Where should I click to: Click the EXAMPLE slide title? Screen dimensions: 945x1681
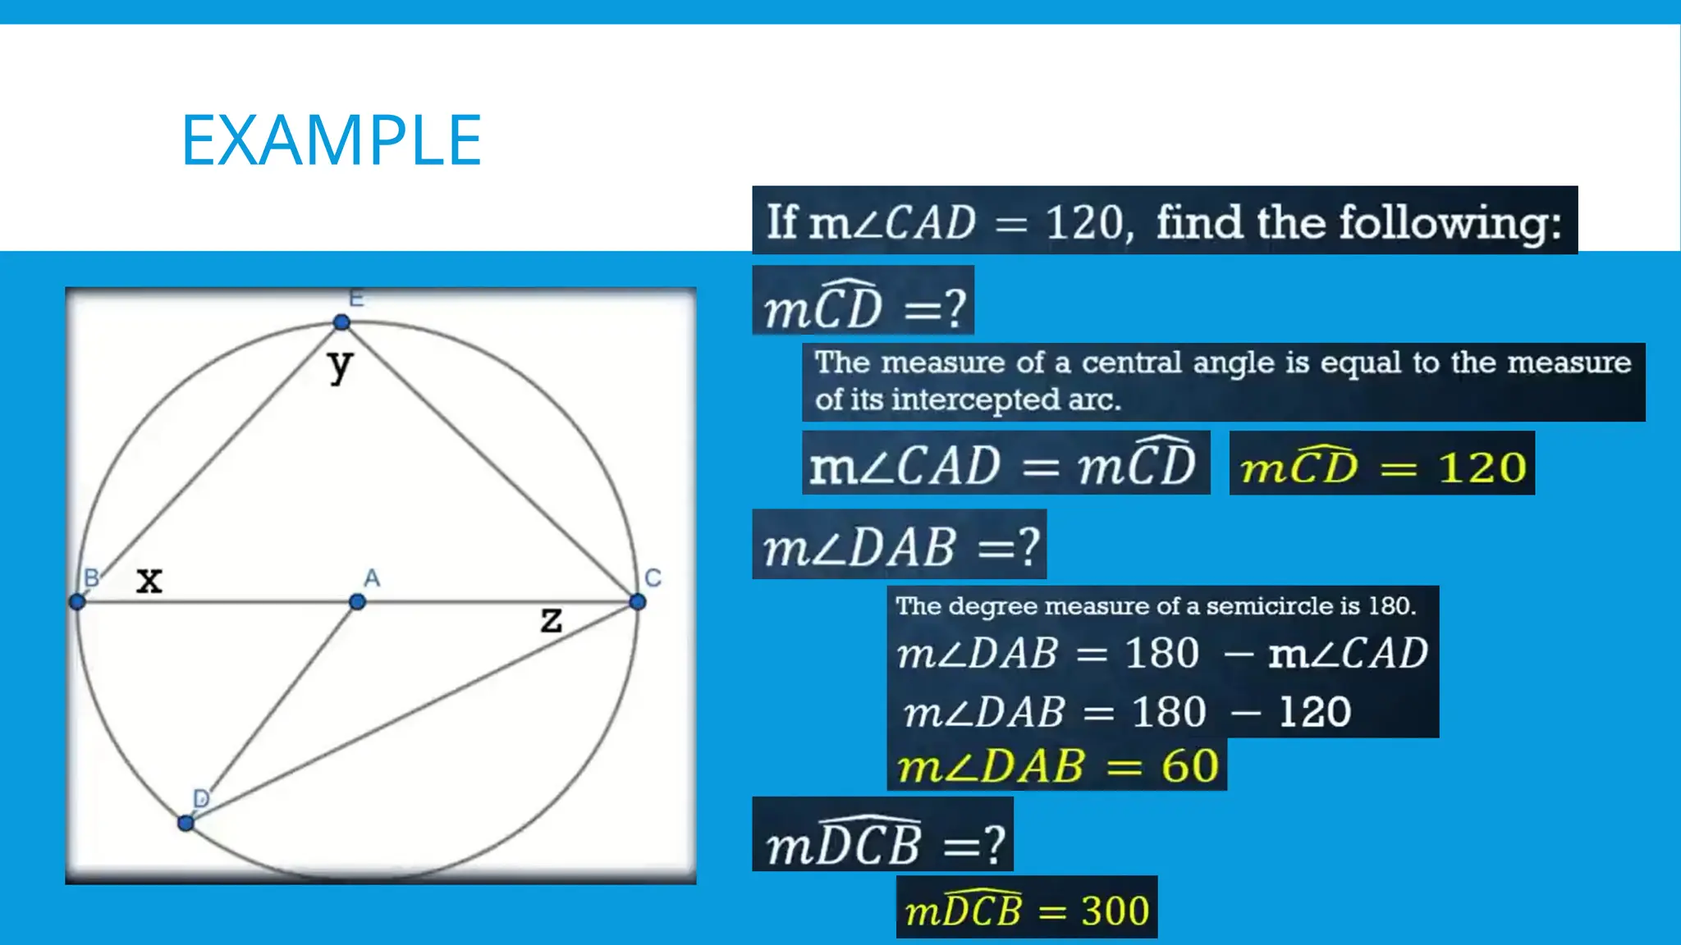331,140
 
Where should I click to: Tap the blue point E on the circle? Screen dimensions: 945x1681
341,322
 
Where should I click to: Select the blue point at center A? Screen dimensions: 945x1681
357,602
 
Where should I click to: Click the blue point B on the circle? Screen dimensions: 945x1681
77,602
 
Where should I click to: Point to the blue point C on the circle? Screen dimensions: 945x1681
638,602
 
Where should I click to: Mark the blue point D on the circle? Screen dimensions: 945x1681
186,823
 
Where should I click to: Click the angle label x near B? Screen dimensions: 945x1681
149,580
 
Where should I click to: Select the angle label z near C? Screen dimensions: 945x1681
552,619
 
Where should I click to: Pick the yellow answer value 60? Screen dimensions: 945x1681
1189,766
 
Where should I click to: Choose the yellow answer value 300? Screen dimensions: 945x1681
1115,911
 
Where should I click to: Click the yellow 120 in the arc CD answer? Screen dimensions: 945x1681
1482,468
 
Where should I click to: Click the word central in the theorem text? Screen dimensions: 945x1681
1131,363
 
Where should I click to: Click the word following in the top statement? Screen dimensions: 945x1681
1450,222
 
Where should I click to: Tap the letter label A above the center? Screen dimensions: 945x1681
372,578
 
